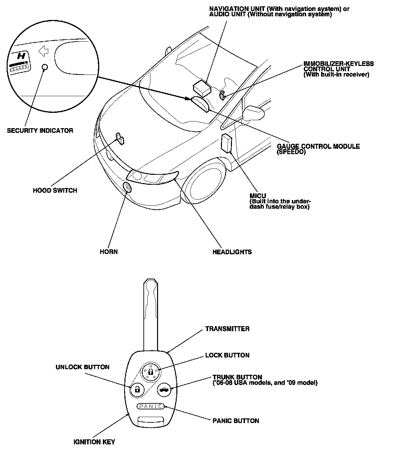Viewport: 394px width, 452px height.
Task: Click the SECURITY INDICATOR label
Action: (40, 130)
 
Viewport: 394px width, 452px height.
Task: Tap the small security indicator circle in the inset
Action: (45, 67)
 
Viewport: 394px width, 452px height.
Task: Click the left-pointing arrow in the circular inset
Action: (44, 51)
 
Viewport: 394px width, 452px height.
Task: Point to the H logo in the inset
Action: (22, 56)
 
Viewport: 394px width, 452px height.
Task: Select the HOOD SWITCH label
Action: (55, 190)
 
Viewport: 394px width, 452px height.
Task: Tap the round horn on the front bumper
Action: (127, 188)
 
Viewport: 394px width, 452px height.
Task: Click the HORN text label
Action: (108, 251)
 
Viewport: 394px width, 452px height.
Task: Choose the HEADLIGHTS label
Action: (232, 252)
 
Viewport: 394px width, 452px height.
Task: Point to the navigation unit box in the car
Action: (202, 87)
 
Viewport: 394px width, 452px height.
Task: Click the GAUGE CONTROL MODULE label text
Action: (318, 146)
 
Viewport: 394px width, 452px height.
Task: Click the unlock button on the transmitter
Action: (136, 388)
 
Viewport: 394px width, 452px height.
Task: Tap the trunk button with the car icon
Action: (164, 389)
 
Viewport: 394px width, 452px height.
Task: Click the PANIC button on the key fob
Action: (150, 406)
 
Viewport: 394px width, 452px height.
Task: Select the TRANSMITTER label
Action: (227, 329)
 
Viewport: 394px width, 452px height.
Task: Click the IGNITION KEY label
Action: (94, 442)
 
